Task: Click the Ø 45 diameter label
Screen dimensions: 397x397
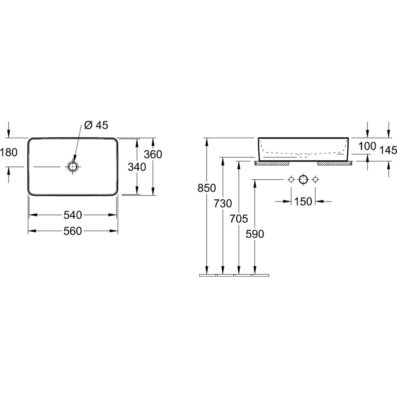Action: pyautogui.click(x=96, y=125)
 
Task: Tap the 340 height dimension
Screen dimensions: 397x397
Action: pyautogui.click(x=137, y=167)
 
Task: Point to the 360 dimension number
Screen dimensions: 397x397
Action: pyautogui.click(x=153, y=154)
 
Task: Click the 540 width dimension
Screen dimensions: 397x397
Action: pyautogui.click(x=72, y=215)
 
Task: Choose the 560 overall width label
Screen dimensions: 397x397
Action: pyautogui.click(x=72, y=231)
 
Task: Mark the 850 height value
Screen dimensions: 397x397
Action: pyautogui.click(x=207, y=188)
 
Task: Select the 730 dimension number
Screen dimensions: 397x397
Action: pyautogui.click(x=223, y=203)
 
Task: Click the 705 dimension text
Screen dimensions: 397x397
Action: pyautogui.click(x=239, y=219)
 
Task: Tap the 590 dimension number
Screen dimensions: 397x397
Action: pyautogui.click(x=255, y=234)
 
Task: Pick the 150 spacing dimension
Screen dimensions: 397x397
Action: pyautogui.click(x=303, y=201)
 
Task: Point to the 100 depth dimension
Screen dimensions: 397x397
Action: pyautogui.click(x=367, y=146)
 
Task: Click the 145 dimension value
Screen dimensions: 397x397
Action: pyautogui.click(x=388, y=151)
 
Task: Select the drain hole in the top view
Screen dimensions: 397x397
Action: pyautogui.click(x=72, y=166)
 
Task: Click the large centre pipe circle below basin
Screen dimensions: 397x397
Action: pyautogui.click(x=303, y=180)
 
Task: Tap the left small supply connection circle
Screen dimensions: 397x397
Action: pyautogui.click(x=291, y=180)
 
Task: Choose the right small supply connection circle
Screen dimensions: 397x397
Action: pyautogui.click(x=315, y=180)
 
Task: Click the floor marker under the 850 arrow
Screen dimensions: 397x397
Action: pyautogui.click(x=207, y=275)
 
